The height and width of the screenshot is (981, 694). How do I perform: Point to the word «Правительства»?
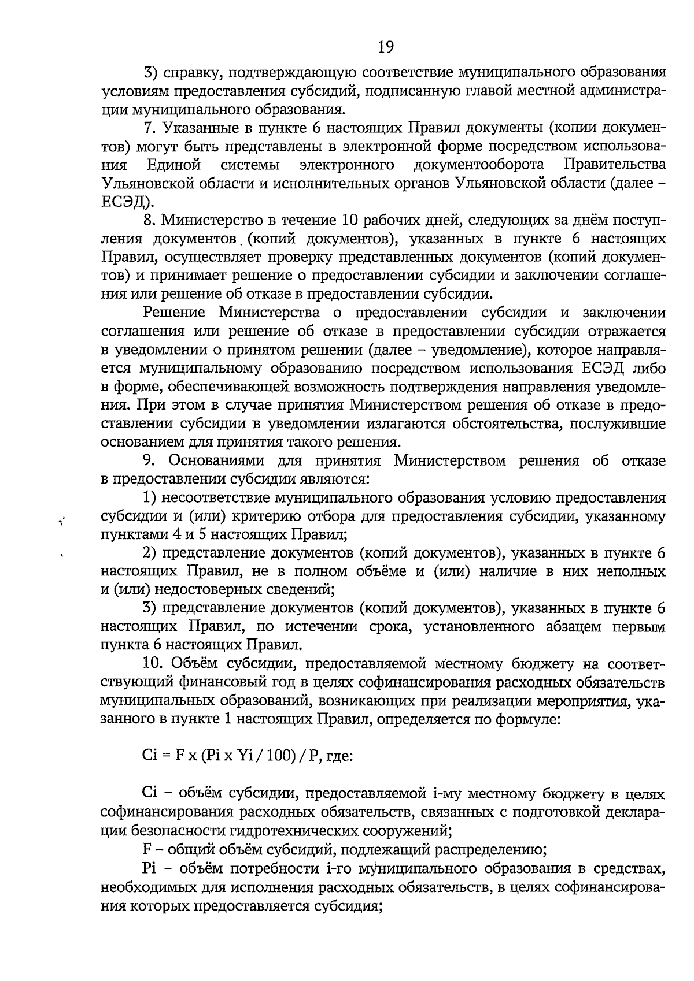click(614, 165)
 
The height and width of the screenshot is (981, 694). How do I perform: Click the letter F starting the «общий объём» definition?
click(146, 849)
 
